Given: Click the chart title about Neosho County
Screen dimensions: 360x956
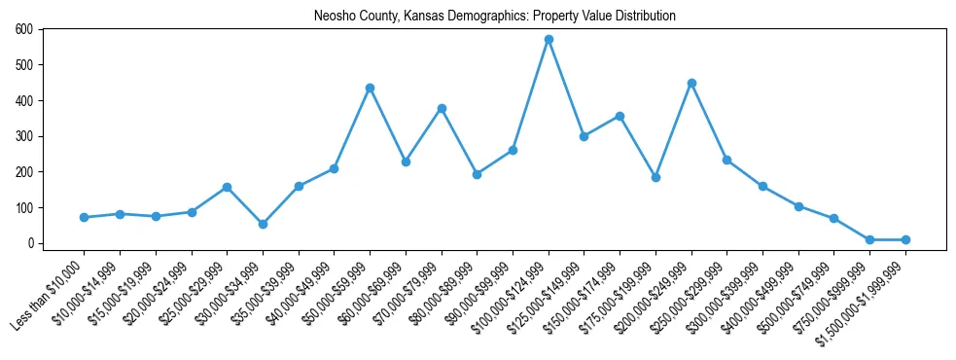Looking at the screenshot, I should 494,16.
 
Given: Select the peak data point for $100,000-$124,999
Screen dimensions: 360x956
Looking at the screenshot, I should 549,40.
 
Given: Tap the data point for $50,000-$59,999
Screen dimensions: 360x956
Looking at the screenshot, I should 370,88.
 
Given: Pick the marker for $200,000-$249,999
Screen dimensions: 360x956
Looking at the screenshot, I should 691,83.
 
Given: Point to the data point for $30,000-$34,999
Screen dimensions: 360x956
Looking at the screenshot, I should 263,224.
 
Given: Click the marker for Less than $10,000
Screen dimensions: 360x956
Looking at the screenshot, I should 84,217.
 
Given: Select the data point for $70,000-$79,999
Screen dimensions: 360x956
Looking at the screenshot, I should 442,108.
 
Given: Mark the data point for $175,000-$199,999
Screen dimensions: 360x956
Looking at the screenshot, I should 655,177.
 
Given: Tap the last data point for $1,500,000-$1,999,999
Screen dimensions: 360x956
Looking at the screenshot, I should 905,239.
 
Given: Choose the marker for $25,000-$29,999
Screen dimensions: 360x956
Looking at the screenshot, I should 227,187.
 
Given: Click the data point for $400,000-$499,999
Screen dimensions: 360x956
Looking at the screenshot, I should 798,206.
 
